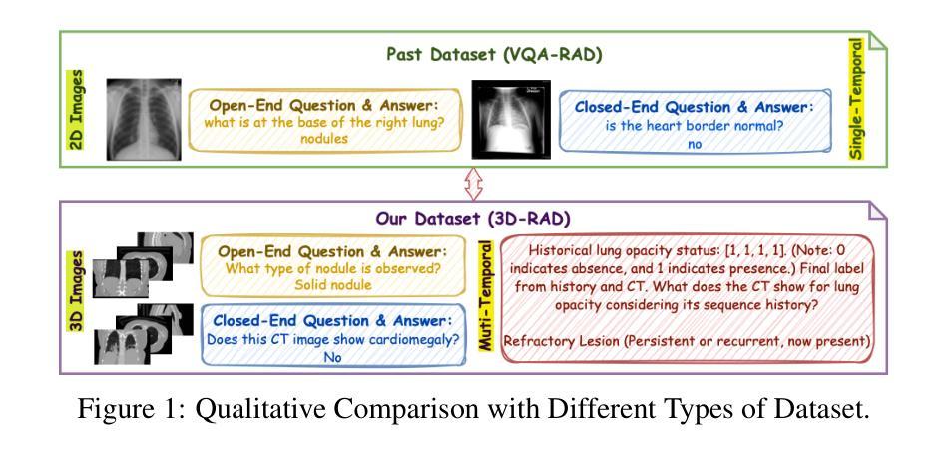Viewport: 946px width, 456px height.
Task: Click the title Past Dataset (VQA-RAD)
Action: (494, 55)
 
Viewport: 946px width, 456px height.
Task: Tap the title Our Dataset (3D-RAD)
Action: (472, 219)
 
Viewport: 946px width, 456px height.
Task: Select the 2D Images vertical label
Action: (77, 110)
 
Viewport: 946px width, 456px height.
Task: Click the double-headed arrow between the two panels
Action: (473, 184)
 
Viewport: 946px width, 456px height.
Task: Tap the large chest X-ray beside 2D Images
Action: (144, 119)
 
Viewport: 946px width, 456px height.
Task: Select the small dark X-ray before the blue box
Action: (510, 120)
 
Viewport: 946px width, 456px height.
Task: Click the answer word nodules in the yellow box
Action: (324, 138)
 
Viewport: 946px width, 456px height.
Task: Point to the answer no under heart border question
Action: (695, 144)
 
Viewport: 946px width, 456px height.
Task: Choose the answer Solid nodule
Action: (333, 284)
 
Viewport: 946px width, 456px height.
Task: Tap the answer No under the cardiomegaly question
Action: (332, 357)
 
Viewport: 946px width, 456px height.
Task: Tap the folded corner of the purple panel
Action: (877, 210)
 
